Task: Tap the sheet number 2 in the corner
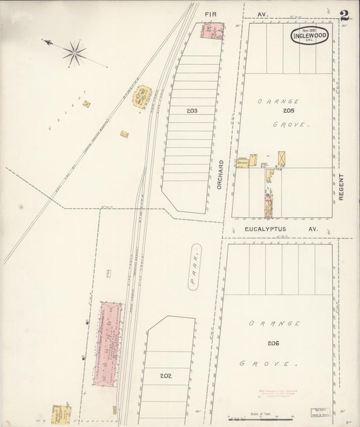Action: click(x=344, y=15)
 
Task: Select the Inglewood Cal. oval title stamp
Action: click(x=310, y=35)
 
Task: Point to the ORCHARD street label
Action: click(x=221, y=174)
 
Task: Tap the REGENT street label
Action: click(x=342, y=184)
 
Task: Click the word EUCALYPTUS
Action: click(x=266, y=230)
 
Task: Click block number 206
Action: click(x=273, y=343)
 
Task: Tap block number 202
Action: click(x=165, y=375)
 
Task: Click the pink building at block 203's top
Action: click(x=211, y=30)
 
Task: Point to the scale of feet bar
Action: click(x=257, y=419)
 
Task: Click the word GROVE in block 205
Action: click(x=290, y=125)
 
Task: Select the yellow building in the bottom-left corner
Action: click(x=61, y=413)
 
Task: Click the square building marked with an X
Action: click(x=282, y=157)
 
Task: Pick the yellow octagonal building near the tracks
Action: click(x=143, y=97)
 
